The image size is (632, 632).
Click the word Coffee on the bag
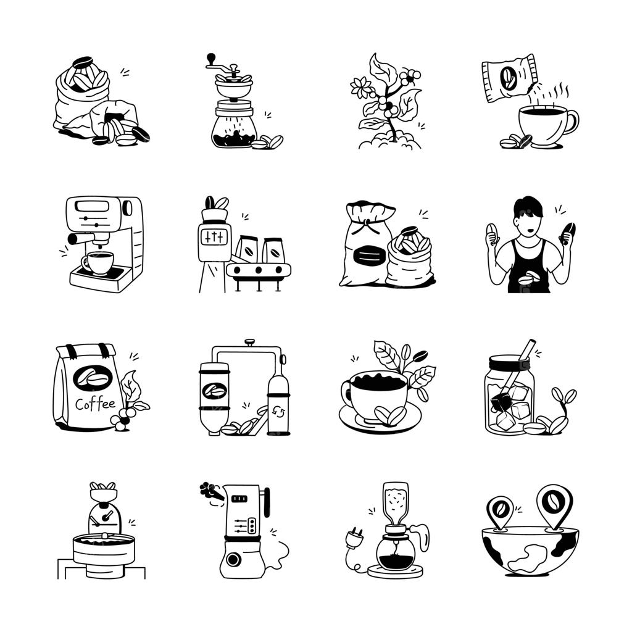(x=95, y=404)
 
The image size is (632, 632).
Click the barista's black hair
(x=528, y=206)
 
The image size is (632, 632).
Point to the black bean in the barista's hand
(x=568, y=233)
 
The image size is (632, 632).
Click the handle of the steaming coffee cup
(x=572, y=122)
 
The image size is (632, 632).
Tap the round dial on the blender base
(x=233, y=559)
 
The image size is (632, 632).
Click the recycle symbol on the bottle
(x=278, y=412)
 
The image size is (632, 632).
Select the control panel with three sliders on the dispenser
(x=214, y=238)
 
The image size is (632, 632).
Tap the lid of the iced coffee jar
(x=509, y=360)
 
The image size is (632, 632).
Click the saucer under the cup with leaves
(x=380, y=420)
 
